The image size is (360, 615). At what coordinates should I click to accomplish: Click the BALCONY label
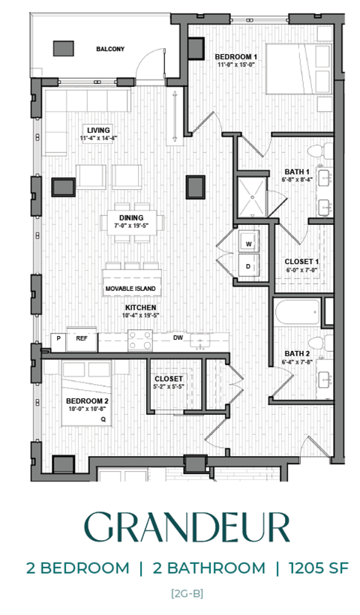(110, 49)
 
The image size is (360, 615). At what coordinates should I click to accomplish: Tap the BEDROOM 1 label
(236, 56)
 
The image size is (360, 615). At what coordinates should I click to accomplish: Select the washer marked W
(248, 244)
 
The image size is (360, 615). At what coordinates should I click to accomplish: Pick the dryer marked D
(248, 265)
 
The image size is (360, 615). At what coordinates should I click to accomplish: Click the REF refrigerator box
(82, 338)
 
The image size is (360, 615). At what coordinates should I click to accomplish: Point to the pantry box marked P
(58, 338)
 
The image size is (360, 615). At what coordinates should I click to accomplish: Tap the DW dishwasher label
(178, 337)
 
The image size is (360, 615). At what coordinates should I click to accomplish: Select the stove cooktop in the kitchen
(140, 340)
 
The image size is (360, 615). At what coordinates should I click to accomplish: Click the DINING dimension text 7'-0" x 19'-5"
(131, 224)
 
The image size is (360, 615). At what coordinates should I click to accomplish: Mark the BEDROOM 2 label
(87, 401)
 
